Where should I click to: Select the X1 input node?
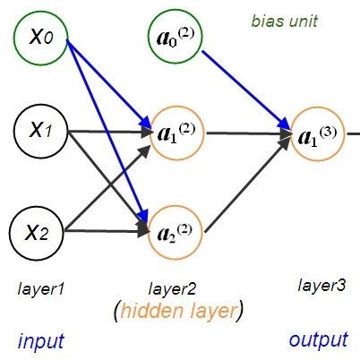[40, 131]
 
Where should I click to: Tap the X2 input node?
[37, 233]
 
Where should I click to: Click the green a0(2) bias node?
[176, 38]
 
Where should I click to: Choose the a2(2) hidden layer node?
[176, 232]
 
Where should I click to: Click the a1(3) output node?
[317, 134]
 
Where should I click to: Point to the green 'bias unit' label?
[284, 21]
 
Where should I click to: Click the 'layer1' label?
[41, 289]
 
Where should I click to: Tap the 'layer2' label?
[172, 289]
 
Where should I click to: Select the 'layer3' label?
[321, 285]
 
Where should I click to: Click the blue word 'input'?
[41, 340]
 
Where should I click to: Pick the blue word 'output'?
[319, 339]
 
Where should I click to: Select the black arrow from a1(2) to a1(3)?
[249, 134]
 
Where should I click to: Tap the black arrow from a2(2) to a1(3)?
[248, 185]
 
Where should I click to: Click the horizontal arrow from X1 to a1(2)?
[110, 132]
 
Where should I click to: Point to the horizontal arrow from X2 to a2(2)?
[106, 231]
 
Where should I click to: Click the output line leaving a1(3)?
[353, 134]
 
